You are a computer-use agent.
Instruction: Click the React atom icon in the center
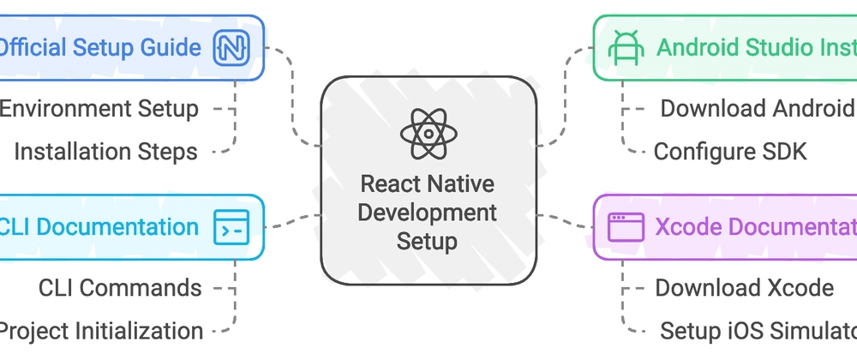click(x=428, y=134)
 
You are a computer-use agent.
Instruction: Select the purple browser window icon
click(x=626, y=227)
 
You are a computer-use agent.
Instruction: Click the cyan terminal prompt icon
click(x=231, y=227)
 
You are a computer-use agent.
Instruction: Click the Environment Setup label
click(x=99, y=109)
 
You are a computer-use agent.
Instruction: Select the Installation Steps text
click(x=105, y=152)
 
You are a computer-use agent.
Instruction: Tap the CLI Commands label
click(x=120, y=288)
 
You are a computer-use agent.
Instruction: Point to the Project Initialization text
click(x=100, y=331)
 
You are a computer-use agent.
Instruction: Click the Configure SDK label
click(x=730, y=152)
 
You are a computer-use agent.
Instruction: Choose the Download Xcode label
click(x=744, y=288)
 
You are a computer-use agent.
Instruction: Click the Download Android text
click(x=757, y=109)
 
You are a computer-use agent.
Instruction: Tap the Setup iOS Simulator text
click(x=758, y=331)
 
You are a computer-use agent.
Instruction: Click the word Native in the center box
click(x=464, y=183)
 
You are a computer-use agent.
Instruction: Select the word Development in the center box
click(x=428, y=212)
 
